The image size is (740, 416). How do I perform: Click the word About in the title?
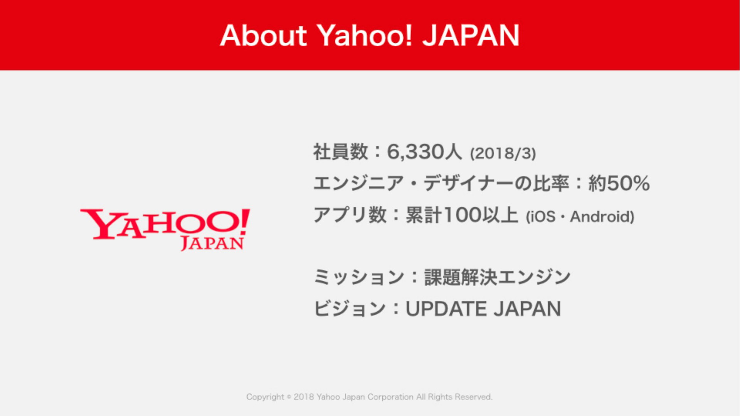coord(264,35)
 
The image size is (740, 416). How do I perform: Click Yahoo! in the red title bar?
coord(364,35)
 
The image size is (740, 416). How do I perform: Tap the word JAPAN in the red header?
coord(471,35)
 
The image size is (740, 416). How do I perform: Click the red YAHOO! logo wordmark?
coord(165,224)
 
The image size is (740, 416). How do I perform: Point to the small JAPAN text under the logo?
coord(212,243)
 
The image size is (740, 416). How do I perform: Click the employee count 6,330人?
coord(424,152)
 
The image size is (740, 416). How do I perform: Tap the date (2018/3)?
coord(503,153)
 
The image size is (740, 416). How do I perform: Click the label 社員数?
coord(341,152)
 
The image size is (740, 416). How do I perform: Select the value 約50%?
coord(619,183)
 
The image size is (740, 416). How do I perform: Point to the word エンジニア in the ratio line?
coord(358,183)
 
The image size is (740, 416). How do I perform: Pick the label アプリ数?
coord(350,215)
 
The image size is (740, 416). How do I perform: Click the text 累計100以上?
coord(462,215)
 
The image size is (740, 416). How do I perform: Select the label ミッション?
coord(359,277)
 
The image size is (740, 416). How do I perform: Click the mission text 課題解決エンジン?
coord(498,277)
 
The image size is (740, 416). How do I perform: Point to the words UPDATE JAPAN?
coord(483,309)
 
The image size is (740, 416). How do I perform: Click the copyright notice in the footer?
coord(369,397)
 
